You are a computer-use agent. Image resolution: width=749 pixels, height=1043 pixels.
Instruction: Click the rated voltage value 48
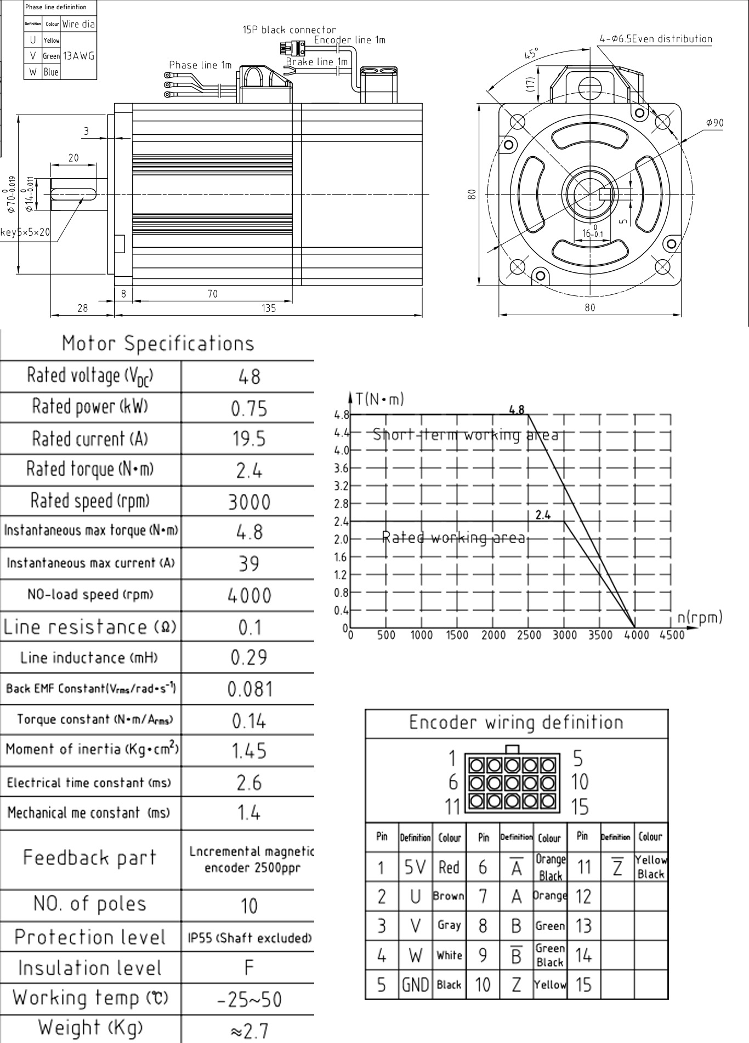(x=249, y=377)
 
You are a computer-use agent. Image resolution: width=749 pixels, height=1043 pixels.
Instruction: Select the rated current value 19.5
(x=249, y=439)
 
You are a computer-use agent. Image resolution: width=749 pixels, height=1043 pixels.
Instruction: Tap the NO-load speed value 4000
(x=249, y=596)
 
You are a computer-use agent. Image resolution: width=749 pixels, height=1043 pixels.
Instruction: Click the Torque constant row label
(x=90, y=720)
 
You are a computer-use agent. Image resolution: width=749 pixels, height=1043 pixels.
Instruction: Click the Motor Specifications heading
(x=158, y=344)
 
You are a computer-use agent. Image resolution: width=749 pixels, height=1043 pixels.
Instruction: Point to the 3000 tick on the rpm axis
(x=564, y=635)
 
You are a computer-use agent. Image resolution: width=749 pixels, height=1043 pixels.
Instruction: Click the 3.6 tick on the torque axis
(x=341, y=468)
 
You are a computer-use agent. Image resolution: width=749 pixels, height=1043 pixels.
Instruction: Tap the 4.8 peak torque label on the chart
(x=517, y=409)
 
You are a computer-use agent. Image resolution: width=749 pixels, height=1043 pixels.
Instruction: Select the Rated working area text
(x=453, y=538)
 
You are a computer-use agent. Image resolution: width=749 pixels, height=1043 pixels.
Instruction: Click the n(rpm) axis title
(x=700, y=617)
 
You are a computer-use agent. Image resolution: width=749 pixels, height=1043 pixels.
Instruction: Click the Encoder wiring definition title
(x=516, y=722)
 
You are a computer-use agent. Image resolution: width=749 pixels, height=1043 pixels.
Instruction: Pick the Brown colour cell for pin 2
(x=449, y=896)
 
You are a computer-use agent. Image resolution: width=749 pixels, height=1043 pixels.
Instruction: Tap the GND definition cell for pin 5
(x=415, y=985)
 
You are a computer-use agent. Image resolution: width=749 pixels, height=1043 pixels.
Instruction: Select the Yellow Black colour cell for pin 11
(x=651, y=867)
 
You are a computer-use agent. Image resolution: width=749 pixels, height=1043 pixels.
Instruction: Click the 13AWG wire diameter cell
(x=78, y=56)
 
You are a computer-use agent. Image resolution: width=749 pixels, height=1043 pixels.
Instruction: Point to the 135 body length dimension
(x=269, y=308)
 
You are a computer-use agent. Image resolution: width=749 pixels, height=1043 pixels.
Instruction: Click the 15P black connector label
(x=289, y=30)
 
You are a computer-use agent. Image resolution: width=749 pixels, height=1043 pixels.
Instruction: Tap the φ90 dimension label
(x=714, y=123)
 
